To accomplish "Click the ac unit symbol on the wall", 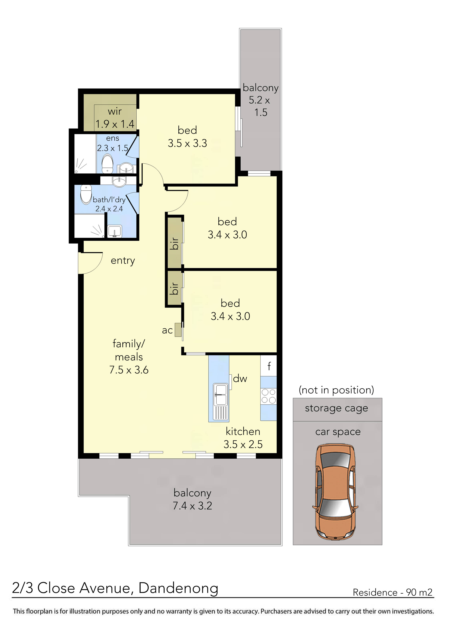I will click(178, 330).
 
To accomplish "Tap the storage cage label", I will click(336, 408).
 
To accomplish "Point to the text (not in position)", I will click(336, 390).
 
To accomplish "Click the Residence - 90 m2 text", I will click(392, 592).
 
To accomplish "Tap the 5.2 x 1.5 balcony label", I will click(260, 106).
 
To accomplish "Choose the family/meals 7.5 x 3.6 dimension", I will click(129, 370).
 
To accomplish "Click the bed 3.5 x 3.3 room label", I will click(187, 137).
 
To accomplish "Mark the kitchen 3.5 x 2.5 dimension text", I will click(243, 444).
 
